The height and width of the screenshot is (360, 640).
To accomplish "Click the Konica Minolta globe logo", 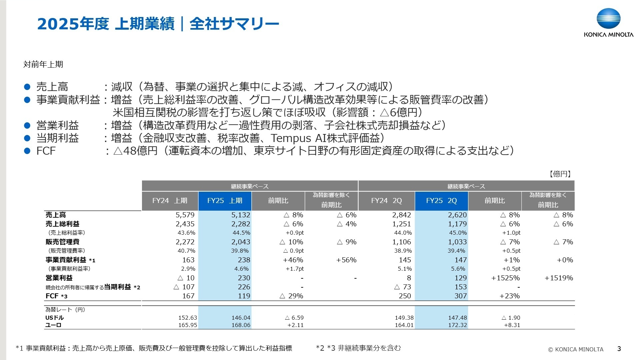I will point(608,19).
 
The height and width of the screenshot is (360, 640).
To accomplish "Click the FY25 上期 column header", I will point(225,201).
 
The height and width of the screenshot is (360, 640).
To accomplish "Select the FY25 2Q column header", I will point(441,201).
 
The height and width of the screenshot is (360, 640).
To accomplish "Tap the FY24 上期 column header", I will point(170,201).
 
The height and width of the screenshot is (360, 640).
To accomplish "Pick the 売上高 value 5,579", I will point(185,215).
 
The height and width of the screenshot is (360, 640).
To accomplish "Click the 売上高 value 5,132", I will point(241,215).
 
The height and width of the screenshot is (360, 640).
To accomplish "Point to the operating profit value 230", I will point(244,278).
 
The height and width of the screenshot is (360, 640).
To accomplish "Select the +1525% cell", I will point(505,278).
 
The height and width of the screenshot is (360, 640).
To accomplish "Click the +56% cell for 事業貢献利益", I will point(346,260).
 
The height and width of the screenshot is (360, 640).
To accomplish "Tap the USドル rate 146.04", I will point(241,318).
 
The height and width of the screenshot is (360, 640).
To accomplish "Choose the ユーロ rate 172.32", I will point(457,325).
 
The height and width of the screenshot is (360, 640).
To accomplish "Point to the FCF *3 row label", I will point(56,296).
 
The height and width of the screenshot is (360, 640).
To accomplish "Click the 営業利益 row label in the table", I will point(59,278).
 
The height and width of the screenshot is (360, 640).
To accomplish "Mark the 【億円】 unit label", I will point(560,174).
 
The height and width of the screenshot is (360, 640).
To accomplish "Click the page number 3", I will point(619,349).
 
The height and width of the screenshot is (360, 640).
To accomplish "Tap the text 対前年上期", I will point(43,64).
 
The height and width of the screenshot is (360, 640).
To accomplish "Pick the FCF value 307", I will point(461,296).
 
